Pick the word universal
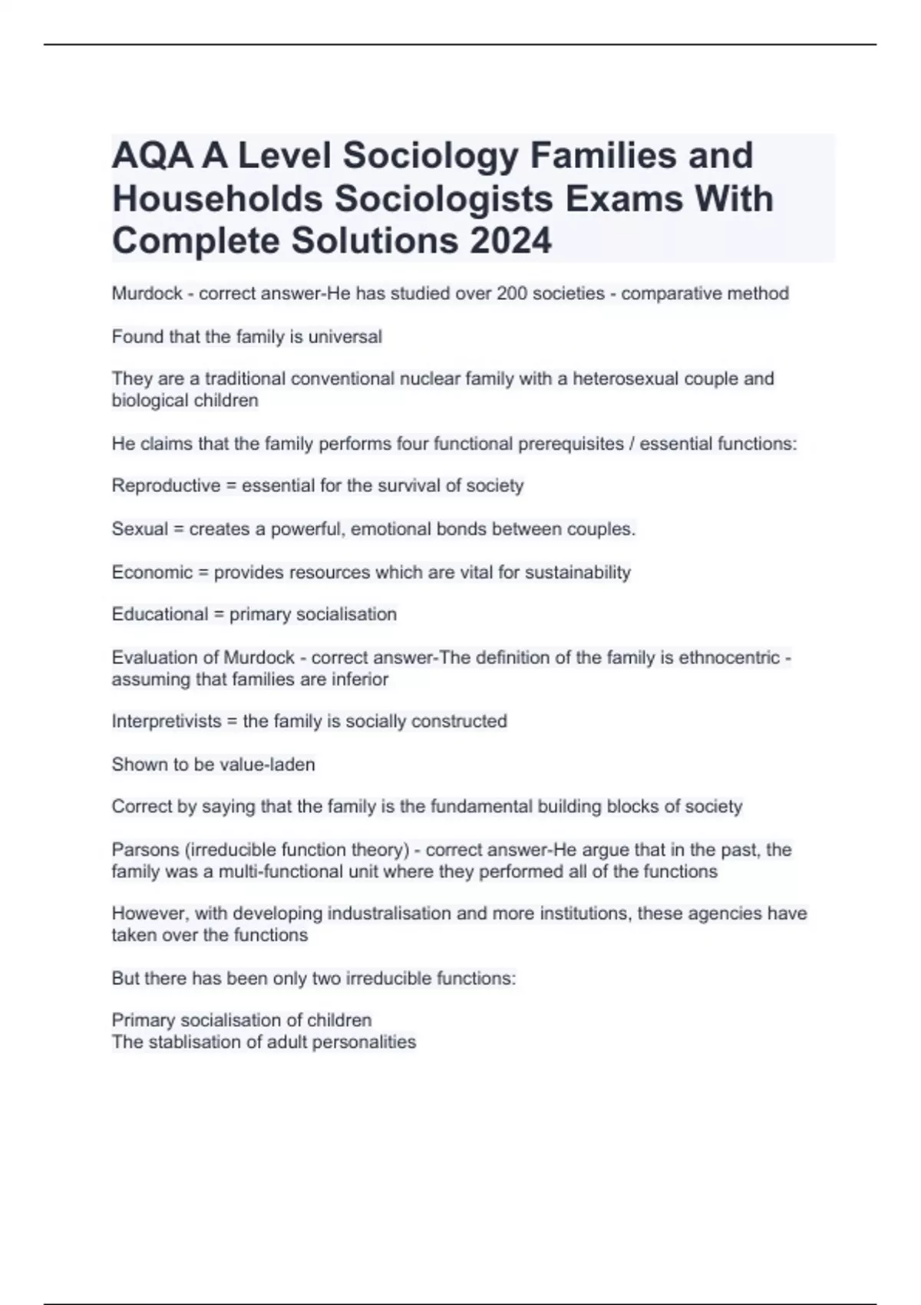345,336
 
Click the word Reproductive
166,486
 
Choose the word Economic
152,572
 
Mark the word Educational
160,614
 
